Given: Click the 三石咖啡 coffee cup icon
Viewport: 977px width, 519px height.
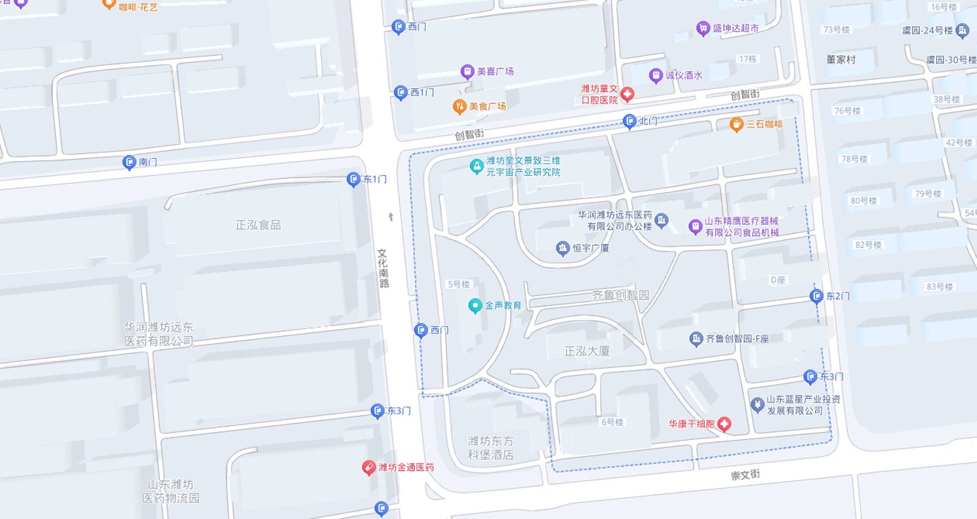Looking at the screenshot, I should (737, 124).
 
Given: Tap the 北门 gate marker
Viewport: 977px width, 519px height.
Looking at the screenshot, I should (629, 121).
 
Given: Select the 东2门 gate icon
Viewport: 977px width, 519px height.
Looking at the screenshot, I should (817, 296).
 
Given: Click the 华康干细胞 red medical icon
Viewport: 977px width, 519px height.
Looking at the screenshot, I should (724, 424).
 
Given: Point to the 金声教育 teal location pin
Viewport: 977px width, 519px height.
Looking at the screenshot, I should (475, 306).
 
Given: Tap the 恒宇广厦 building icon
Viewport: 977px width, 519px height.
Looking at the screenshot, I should (563, 249).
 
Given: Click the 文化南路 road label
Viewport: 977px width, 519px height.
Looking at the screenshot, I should (383, 269).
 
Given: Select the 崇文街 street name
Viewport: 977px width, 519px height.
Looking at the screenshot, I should (745, 474).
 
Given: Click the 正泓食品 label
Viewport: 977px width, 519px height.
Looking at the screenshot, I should (259, 225).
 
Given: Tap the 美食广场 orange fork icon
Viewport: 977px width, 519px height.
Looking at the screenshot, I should (459, 106).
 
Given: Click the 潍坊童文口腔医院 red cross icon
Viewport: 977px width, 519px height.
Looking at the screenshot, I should (627, 95).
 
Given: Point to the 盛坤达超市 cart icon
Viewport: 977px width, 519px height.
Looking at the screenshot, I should (702, 28).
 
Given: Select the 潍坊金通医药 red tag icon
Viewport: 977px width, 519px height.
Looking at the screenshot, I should (369, 467).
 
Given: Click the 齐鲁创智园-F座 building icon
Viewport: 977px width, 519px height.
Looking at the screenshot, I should (696, 339).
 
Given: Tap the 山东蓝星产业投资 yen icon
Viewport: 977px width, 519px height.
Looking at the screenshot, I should (757, 404).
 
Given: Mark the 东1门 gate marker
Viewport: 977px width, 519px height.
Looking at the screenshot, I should (354, 179).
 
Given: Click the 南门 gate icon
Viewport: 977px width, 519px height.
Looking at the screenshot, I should (130, 162).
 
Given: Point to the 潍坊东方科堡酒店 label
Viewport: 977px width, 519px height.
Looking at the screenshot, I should (491, 448).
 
